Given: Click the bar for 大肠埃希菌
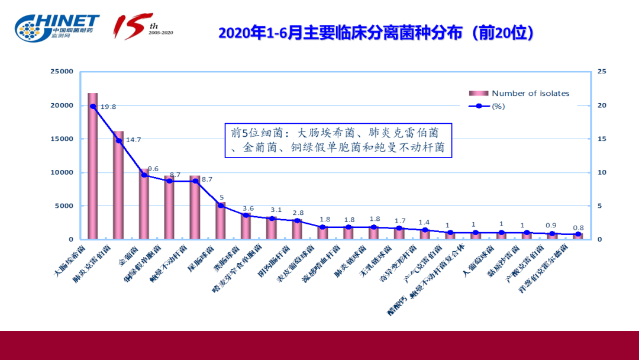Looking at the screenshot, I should (x=93, y=166).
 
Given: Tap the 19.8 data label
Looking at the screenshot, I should (x=108, y=107).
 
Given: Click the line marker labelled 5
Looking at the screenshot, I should (x=221, y=205).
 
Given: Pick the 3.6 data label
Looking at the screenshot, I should (x=248, y=208).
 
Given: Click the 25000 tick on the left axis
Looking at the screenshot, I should (x=61, y=72).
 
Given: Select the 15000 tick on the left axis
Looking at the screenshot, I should (x=61, y=139).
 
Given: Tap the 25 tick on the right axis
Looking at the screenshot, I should (x=602, y=72).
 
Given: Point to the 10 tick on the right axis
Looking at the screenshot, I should (x=602, y=173).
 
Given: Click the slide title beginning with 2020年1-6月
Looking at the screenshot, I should (x=376, y=33).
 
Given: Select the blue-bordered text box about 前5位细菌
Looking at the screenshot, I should (x=338, y=140).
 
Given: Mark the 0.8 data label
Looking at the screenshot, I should (x=578, y=228).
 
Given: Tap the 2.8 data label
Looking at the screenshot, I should (x=298, y=213).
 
